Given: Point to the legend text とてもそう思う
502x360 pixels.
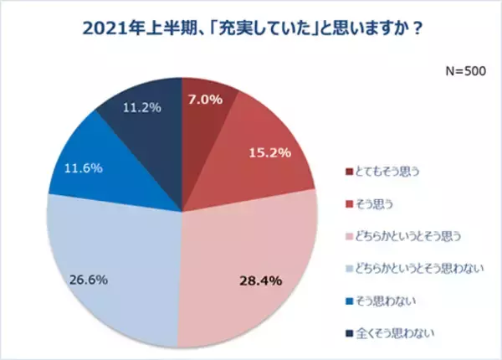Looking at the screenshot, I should pyautogui.click(x=387, y=172).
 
